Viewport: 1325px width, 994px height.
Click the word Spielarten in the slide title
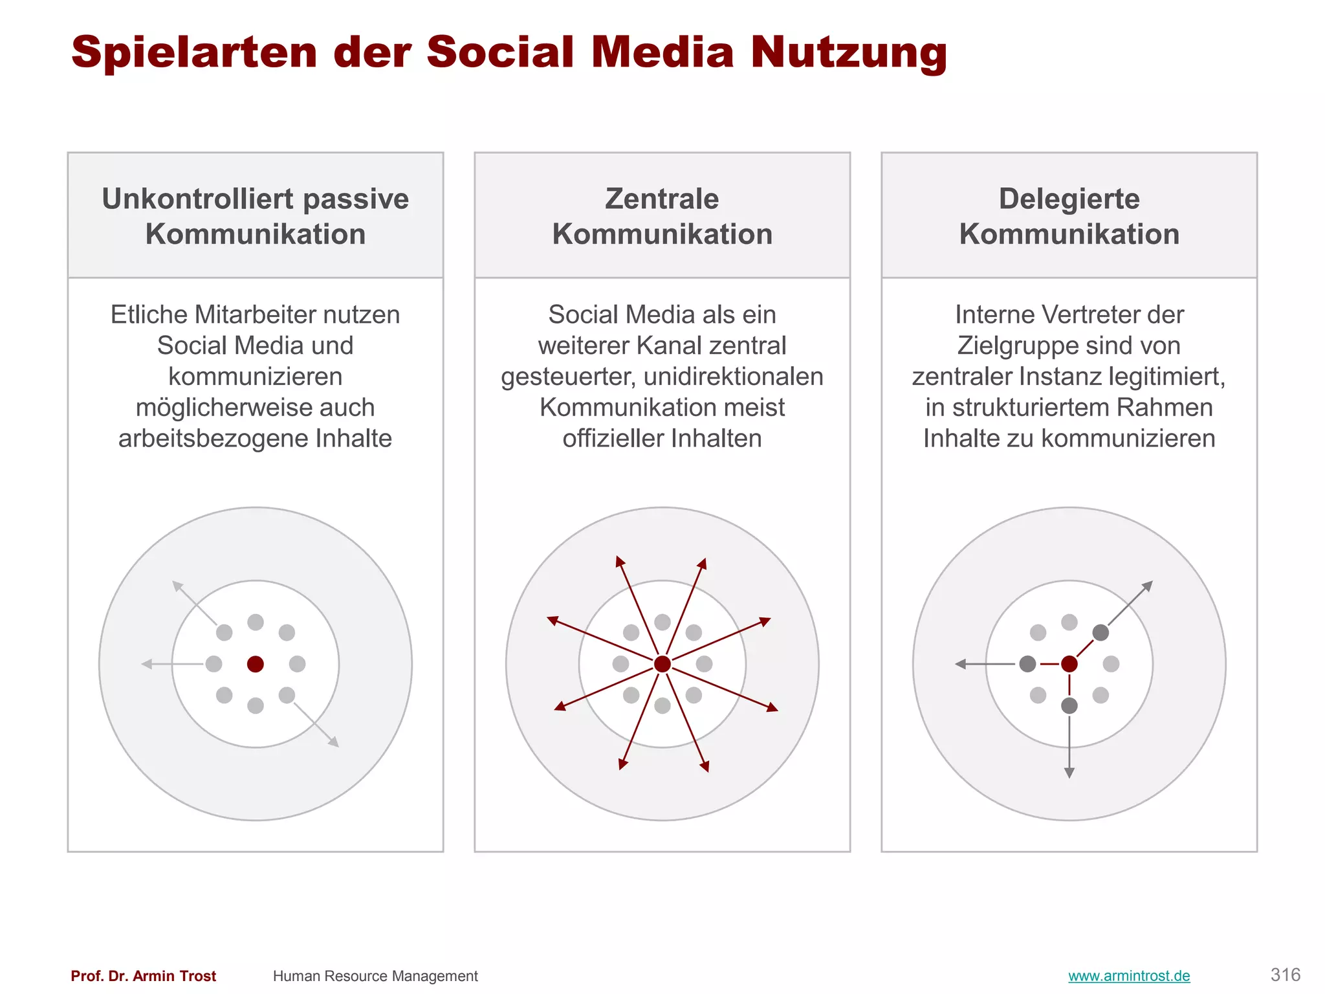click(x=194, y=52)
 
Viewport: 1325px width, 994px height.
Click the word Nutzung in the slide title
click(x=848, y=52)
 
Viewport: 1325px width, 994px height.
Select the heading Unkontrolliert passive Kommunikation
click(x=256, y=216)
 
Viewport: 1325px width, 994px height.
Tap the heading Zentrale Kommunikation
click(x=662, y=216)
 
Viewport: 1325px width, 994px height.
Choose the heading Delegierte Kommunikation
click(x=1069, y=216)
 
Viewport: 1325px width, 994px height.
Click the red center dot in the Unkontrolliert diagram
click(x=256, y=664)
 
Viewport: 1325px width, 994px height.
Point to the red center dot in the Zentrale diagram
click(x=662, y=664)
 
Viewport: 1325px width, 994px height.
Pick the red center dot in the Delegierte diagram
click(x=1069, y=664)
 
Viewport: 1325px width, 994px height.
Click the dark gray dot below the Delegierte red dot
click(x=1069, y=705)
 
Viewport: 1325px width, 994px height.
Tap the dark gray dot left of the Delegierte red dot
click(x=1027, y=664)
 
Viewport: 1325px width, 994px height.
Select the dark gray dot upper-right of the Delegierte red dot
click(x=1101, y=632)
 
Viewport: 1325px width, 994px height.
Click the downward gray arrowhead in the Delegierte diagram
click(x=1069, y=773)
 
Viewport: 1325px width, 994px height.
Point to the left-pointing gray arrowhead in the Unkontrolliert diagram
click(x=147, y=664)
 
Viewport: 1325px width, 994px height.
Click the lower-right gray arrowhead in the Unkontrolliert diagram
click(x=334, y=742)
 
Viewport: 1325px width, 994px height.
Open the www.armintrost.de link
click(x=1129, y=976)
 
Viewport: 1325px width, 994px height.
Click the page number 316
click(x=1285, y=975)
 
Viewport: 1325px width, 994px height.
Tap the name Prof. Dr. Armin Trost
click(x=143, y=976)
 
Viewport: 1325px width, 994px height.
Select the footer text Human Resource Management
click(x=375, y=976)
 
